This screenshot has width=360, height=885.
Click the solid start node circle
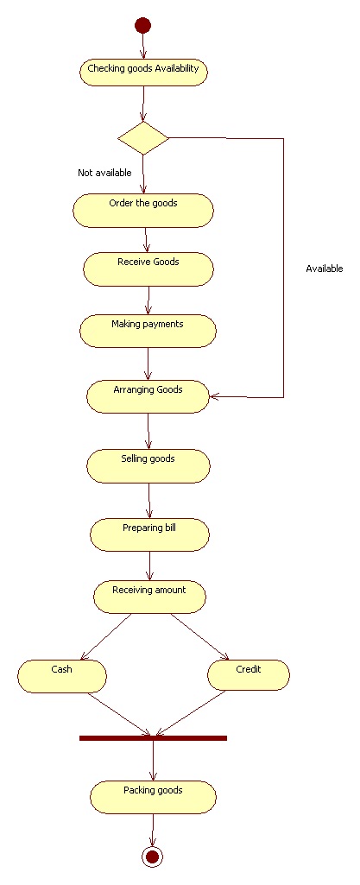(142, 25)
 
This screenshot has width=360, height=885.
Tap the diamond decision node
(143, 138)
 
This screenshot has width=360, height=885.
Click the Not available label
(104, 173)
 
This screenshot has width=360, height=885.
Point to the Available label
(325, 269)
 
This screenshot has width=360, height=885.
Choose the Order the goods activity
(143, 211)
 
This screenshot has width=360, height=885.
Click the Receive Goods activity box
(148, 269)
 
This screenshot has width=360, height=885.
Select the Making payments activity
(148, 331)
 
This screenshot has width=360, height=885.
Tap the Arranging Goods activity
(148, 396)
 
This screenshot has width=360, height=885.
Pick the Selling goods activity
(148, 465)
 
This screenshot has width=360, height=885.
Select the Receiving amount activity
(149, 597)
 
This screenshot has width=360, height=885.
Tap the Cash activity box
(62, 676)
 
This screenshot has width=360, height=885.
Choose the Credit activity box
(249, 675)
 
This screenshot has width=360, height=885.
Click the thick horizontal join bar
(153, 738)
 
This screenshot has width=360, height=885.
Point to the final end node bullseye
(152, 857)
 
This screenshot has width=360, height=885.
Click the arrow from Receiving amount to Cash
(107, 636)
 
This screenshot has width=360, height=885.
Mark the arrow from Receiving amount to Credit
(199, 636)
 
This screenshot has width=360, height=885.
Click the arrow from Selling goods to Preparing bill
(149, 501)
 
